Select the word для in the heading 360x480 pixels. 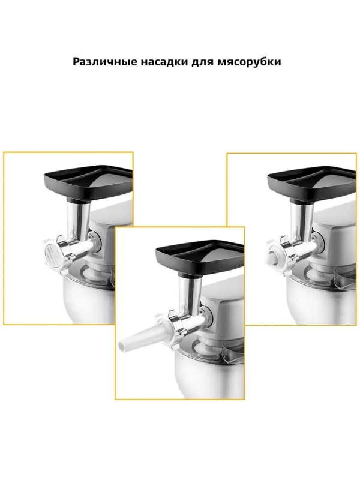(203, 62)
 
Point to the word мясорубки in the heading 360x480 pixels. (249, 62)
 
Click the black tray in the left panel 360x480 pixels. (88, 182)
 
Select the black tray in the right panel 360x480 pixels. (311, 183)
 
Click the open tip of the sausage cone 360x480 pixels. (122, 347)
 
